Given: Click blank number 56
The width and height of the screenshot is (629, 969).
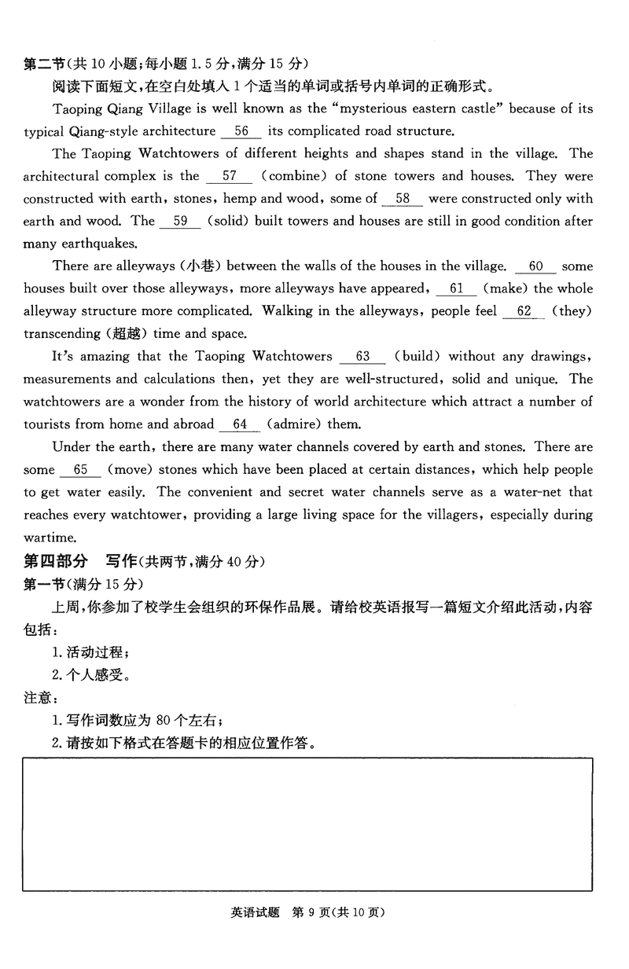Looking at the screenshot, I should tap(241, 131).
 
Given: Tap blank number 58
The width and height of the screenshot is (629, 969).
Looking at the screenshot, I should tap(403, 199).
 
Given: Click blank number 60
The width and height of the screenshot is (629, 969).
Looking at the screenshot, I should tap(535, 266).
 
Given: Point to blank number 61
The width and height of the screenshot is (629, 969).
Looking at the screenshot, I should tap(456, 289).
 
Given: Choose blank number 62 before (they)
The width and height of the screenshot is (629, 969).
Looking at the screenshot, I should tap(524, 311).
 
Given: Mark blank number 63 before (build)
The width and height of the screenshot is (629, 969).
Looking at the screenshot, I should tap(362, 357).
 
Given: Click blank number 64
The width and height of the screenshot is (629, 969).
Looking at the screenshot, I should tap(240, 424).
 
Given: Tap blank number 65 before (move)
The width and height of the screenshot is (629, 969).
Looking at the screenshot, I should tap(80, 470).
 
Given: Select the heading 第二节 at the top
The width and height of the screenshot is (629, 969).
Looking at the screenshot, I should tap(44, 63).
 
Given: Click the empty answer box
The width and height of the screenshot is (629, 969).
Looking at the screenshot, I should tap(307, 824).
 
